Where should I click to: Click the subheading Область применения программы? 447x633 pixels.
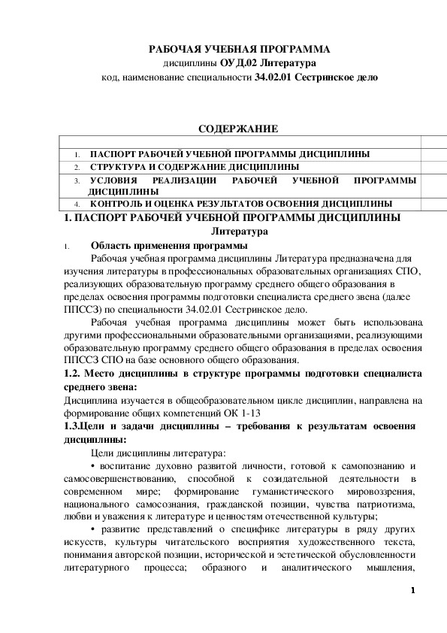(165, 245)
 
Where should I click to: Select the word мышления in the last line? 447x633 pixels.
(388, 569)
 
